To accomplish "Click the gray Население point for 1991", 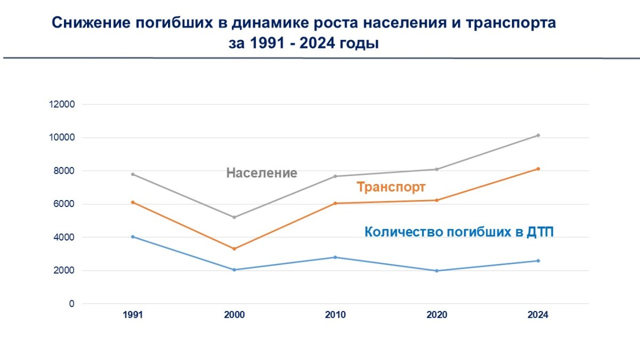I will pyautogui.click(x=133, y=174).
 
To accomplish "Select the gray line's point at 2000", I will pyautogui.click(x=234, y=217).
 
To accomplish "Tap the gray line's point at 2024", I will pyautogui.click(x=538, y=135).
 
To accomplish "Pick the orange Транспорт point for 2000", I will pyautogui.click(x=234, y=249).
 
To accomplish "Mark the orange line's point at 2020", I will pyautogui.click(x=437, y=201).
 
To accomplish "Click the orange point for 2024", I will pyautogui.click(x=538, y=169).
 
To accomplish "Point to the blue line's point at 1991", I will pyautogui.click(x=133, y=237).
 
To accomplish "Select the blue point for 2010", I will pyautogui.click(x=335, y=257).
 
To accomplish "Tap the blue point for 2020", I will pyautogui.click(x=437, y=270).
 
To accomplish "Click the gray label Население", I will pyautogui.click(x=261, y=173).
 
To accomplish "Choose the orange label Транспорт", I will pyautogui.click(x=391, y=187).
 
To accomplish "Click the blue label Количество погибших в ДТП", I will pyautogui.click(x=459, y=232).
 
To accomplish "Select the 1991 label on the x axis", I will pyautogui.click(x=133, y=315).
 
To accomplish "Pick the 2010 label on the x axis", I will pyautogui.click(x=335, y=315).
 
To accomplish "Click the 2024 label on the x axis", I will pyautogui.click(x=538, y=315).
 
